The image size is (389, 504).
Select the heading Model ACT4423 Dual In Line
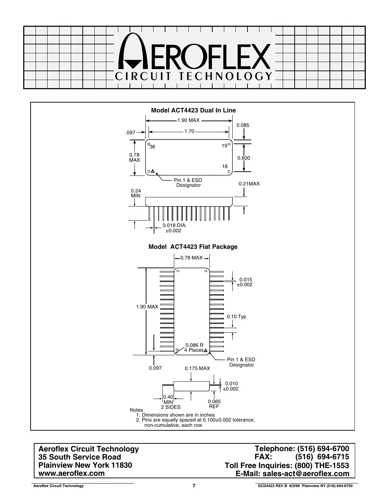coord(193,110)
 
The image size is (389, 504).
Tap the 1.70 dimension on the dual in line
coord(189,131)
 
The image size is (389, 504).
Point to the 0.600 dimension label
coord(243,158)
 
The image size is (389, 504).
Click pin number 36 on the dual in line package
coord(152,147)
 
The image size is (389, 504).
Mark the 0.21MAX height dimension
coord(249,184)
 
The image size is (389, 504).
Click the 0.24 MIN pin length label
coord(136,193)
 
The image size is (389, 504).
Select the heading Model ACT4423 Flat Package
coord(193,247)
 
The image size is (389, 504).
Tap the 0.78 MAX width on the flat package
coord(191,258)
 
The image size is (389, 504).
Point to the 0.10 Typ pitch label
coord(236,316)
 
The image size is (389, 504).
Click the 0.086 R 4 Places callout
coord(194,348)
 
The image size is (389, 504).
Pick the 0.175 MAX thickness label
coord(197,368)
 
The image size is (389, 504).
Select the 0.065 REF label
coord(214,404)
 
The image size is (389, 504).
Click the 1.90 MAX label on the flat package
coord(147,307)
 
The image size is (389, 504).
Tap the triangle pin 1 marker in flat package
coord(206,350)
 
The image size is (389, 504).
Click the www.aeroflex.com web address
coord(71,473)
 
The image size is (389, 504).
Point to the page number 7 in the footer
coord(194,486)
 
